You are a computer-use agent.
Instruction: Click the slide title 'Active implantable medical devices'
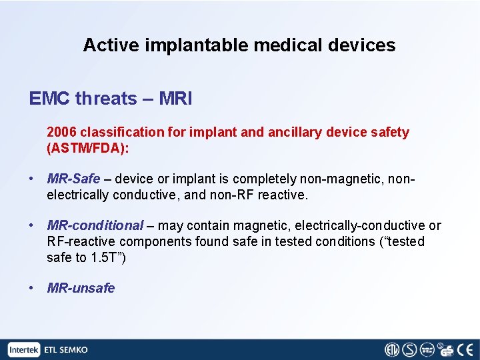click(x=239, y=45)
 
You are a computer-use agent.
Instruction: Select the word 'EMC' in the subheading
click(x=49, y=99)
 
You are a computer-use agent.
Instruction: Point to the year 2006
click(x=61, y=132)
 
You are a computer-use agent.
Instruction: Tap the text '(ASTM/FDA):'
click(x=88, y=148)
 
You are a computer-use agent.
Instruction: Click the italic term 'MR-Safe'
click(x=73, y=179)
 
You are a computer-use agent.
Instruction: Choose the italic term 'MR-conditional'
click(x=95, y=225)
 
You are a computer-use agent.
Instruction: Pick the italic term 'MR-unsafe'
click(x=81, y=288)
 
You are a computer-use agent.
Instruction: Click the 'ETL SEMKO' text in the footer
click(x=66, y=349)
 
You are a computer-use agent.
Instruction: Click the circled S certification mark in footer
click(x=409, y=349)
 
